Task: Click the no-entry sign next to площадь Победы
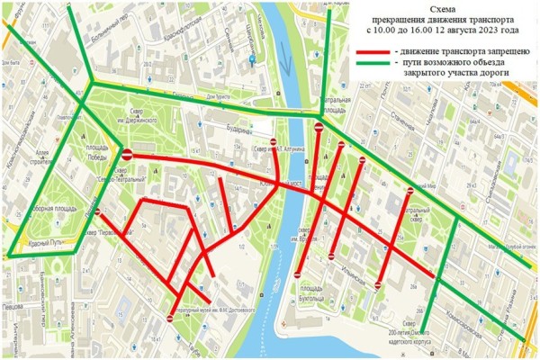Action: (x=128, y=154)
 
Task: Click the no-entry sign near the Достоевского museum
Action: (x=171, y=317)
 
